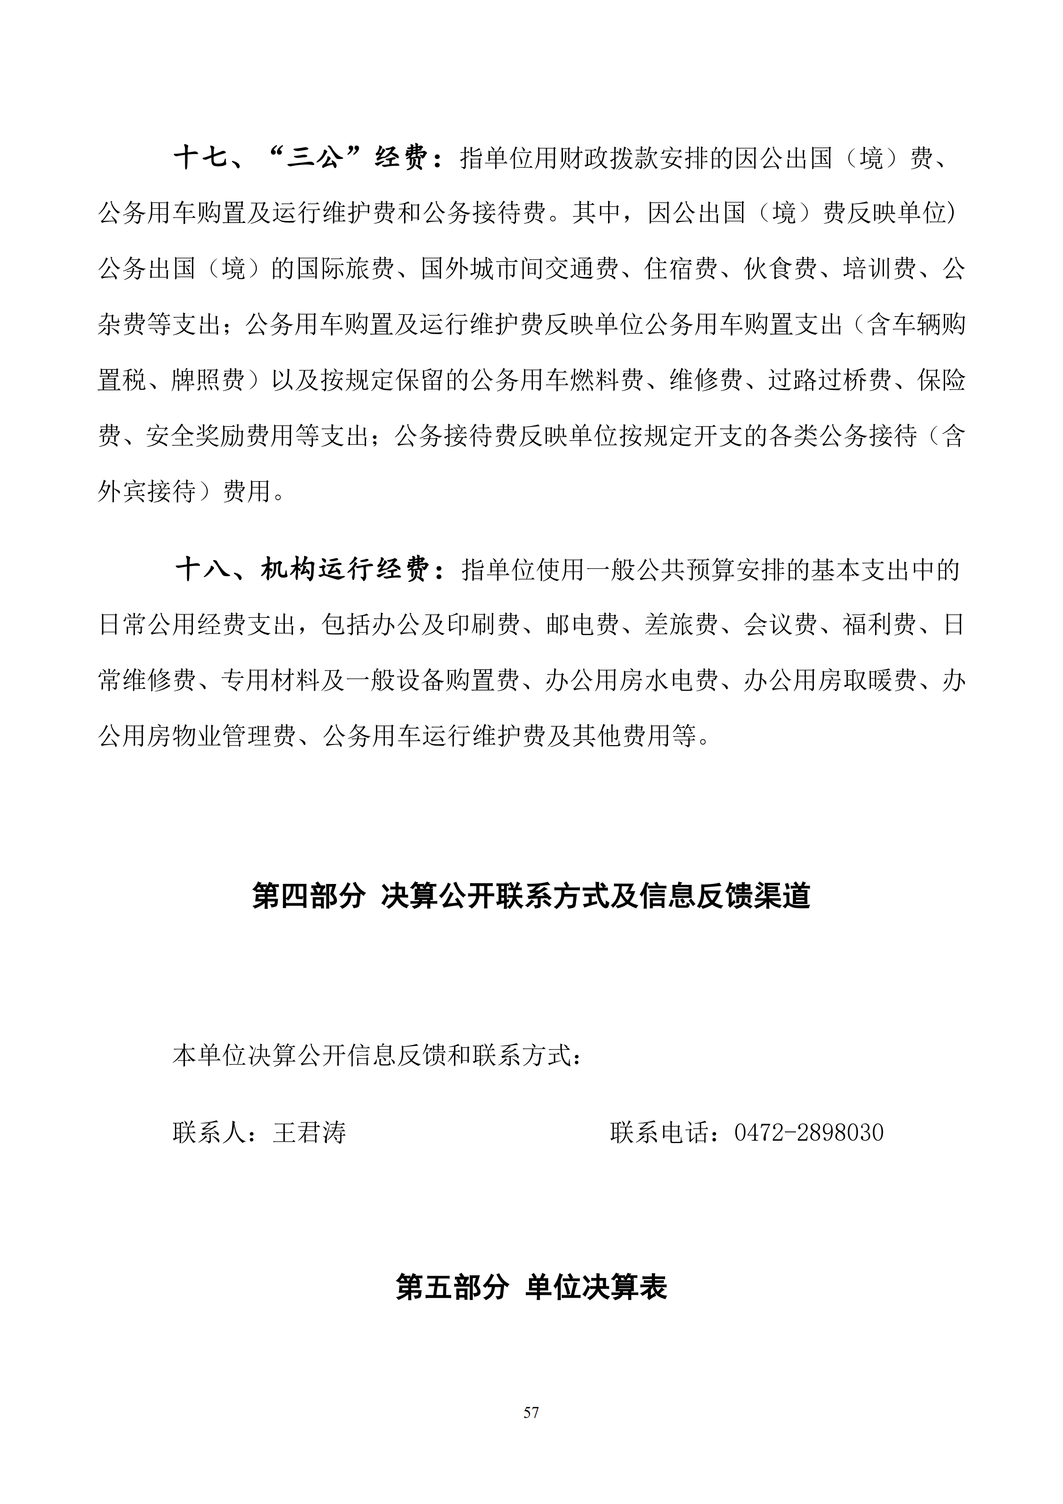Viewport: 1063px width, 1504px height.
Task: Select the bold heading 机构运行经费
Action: (x=344, y=570)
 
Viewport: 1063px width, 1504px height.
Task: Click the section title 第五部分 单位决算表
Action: (x=531, y=1287)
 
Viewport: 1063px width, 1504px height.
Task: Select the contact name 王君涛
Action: (x=309, y=1133)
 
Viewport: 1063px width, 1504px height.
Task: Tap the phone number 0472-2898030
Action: (x=809, y=1133)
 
